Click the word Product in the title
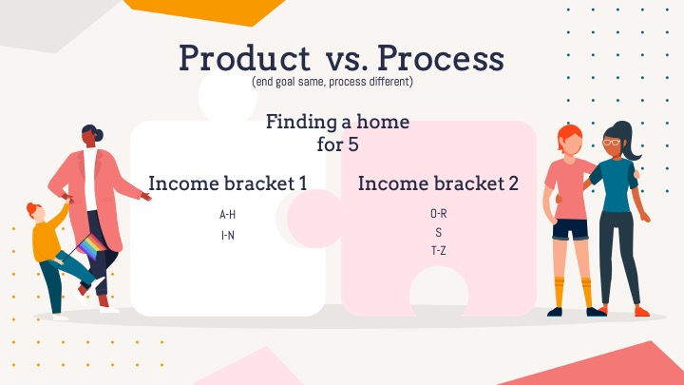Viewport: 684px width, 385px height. [245, 58]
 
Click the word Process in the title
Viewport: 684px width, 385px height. [441, 58]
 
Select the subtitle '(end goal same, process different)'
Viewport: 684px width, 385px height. [332, 82]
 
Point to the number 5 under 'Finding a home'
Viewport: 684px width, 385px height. [352, 144]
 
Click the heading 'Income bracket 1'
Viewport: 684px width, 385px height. [228, 183]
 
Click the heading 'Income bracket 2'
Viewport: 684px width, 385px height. [438, 183]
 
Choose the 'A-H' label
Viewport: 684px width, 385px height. [227, 214]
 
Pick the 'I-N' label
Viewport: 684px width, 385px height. [228, 236]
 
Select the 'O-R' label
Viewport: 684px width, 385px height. [438, 214]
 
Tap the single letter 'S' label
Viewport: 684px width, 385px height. [438, 232]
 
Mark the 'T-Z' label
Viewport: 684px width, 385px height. [438, 251]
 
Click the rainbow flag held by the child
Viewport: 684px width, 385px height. [92, 246]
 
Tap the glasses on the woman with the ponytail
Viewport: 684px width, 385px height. [612, 142]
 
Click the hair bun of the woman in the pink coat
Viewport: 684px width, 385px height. [99, 135]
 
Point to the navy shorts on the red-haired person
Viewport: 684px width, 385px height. [570, 230]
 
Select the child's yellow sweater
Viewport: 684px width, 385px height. [47, 237]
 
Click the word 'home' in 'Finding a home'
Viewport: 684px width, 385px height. [383, 122]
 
